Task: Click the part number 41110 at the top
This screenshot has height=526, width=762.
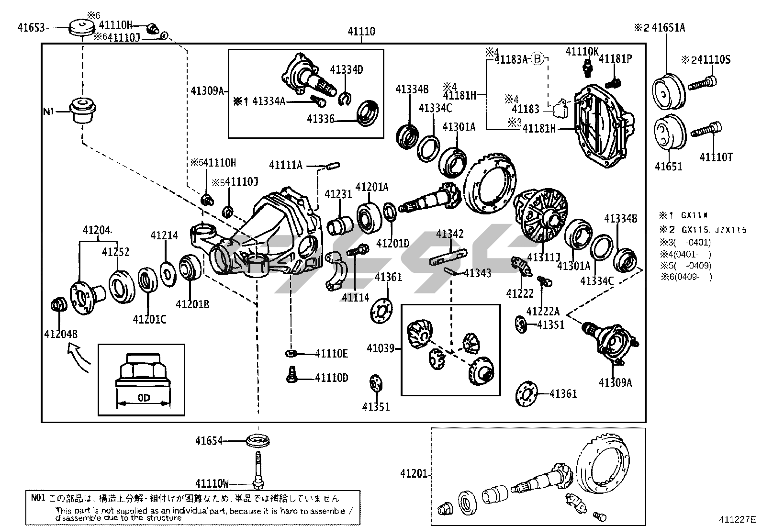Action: [361, 32]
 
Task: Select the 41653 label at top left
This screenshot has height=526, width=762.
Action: [31, 28]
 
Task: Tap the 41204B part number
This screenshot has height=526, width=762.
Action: [60, 334]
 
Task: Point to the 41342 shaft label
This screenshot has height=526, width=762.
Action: [449, 234]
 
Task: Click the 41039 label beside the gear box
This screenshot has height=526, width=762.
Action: [381, 348]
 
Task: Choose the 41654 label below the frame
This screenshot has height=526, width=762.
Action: [209, 440]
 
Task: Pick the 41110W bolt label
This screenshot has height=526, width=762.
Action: [212, 483]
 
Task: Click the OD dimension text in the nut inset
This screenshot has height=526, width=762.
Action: [144, 398]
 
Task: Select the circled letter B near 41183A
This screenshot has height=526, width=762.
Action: [538, 59]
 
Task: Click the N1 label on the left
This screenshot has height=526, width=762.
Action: [49, 112]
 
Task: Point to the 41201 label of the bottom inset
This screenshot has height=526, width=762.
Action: [414, 474]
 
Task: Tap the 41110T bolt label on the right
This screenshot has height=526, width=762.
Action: [716, 157]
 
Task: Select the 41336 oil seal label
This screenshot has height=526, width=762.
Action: [320, 119]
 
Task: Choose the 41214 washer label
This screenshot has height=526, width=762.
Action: [164, 235]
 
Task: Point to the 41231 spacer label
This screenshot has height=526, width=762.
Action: [338, 194]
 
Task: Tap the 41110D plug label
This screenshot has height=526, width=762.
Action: [331, 378]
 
